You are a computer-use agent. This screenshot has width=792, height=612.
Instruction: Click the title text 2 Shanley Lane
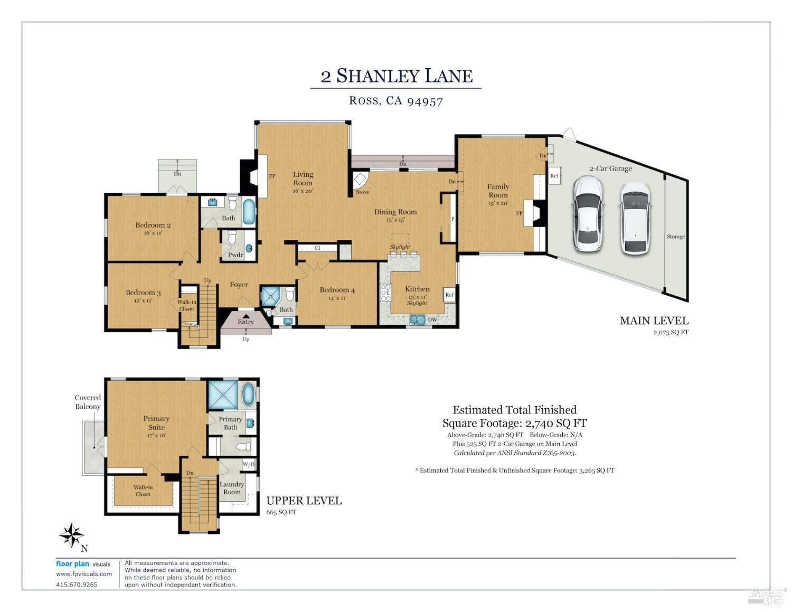(x=396, y=76)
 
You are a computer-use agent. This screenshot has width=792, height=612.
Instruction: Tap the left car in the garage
(x=587, y=214)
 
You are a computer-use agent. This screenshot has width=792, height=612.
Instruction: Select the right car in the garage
(x=635, y=218)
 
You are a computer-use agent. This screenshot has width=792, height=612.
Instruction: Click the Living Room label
(x=303, y=178)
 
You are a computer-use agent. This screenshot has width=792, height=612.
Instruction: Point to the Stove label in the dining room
(x=362, y=192)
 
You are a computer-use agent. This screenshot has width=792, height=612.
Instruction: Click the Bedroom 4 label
(x=337, y=290)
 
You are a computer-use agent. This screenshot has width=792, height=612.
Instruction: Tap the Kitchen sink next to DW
(x=417, y=319)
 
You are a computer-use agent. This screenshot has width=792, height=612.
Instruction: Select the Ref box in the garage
(x=554, y=176)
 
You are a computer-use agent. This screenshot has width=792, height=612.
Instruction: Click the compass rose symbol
(x=71, y=535)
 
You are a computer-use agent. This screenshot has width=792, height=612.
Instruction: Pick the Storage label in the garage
(x=675, y=237)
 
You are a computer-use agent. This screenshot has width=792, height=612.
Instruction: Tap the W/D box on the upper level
(x=248, y=464)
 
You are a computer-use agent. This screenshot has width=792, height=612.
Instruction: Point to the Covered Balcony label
(x=88, y=402)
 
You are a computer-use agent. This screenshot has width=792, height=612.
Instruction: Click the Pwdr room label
(x=235, y=255)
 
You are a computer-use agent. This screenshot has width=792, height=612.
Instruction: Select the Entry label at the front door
(x=246, y=322)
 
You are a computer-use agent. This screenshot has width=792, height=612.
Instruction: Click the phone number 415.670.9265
(x=77, y=585)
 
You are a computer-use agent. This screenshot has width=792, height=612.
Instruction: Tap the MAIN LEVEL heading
(x=654, y=321)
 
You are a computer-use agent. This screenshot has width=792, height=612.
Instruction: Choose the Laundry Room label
(x=231, y=488)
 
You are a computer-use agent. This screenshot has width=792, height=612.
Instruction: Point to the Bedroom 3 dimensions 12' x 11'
(x=143, y=300)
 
